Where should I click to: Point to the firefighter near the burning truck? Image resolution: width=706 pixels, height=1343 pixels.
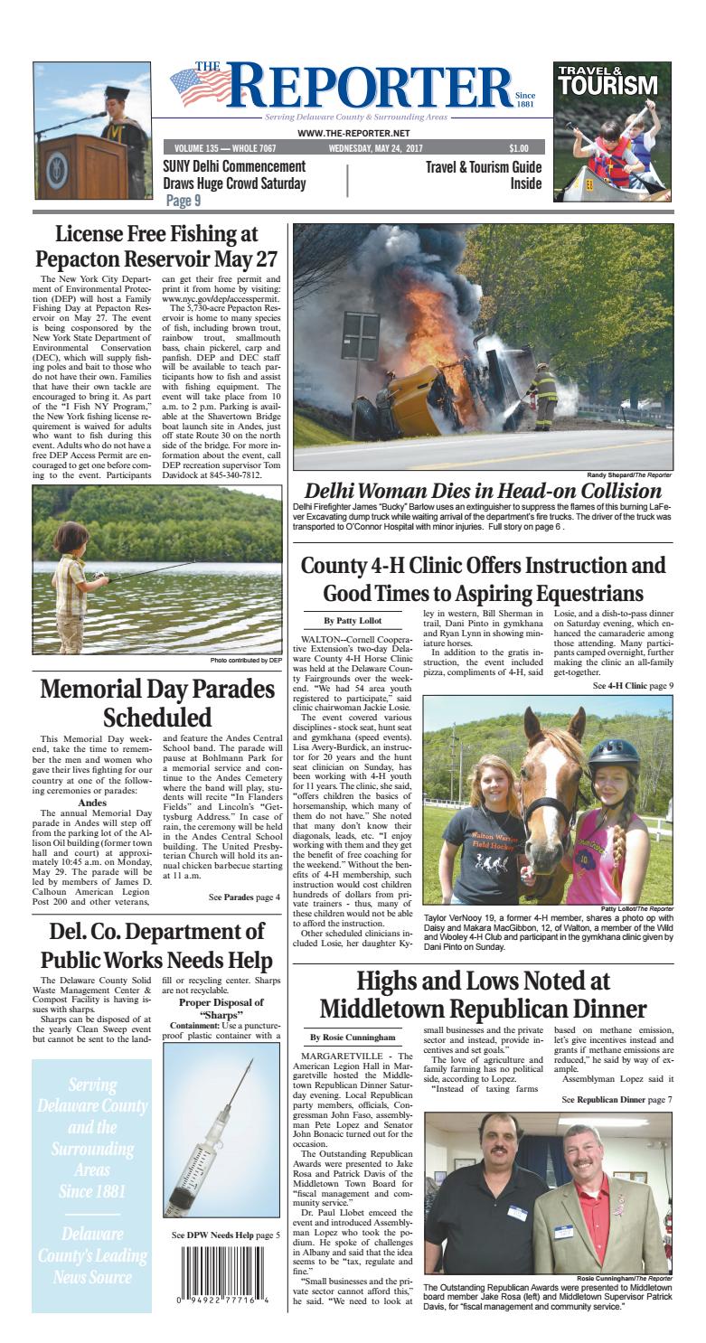click(x=544, y=395)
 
